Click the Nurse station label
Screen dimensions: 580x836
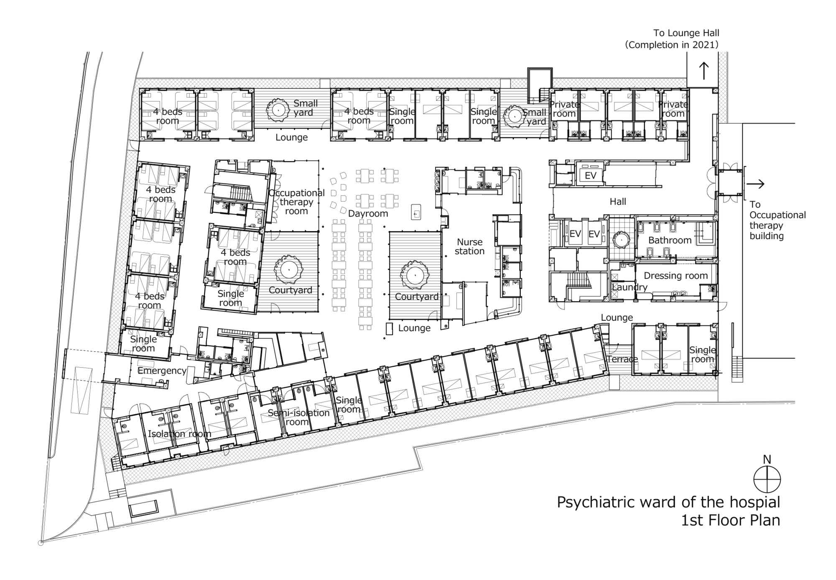(469, 247)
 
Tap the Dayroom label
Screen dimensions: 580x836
(368, 214)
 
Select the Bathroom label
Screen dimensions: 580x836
(670, 240)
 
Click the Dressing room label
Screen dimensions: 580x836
(675, 276)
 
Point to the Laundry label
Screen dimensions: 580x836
(630, 287)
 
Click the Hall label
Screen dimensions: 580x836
(618, 202)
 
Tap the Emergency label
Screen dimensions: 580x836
(162, 370)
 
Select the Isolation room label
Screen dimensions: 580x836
(179, 434)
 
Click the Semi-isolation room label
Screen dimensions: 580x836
(298, 417)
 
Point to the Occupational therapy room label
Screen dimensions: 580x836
(296, 202)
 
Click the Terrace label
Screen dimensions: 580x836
(622, 359)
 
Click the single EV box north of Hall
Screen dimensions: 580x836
(590, 176)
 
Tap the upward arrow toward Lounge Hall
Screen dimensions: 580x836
(704, 71)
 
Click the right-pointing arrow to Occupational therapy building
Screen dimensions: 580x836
(756, 184)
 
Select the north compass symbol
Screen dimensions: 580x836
(767, 479)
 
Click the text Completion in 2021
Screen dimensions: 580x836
(671, 45)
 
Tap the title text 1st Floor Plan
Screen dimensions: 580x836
(730, 520)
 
